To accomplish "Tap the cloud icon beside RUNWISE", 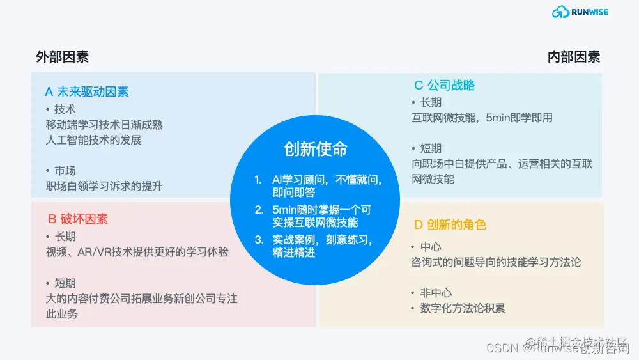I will [x=560, y=12].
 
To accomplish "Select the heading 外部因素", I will [x=62, y=57].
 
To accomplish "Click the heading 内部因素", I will [x=574, y=57].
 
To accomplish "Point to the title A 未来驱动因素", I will [x=87, y=91].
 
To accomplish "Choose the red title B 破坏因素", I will [x=78, y=219].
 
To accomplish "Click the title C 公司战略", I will [x=445, y=85].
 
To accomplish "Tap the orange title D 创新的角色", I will [x=450, y=224].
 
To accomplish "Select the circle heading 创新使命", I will [x=316, y=149].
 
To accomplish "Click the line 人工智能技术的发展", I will [x=93, y=140].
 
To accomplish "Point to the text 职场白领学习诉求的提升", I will [x=104, y=186].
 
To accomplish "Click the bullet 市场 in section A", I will [x=65, y=171].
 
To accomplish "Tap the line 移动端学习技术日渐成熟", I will [x=104, y=125].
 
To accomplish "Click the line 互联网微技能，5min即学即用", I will [x=482, y=118].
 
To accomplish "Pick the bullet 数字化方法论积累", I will [x=462, y=308].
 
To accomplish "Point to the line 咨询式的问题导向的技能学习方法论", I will [x=496, y=262].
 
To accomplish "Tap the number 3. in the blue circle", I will [x=259, y=240].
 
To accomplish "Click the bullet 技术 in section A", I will [x=65, y=109].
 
